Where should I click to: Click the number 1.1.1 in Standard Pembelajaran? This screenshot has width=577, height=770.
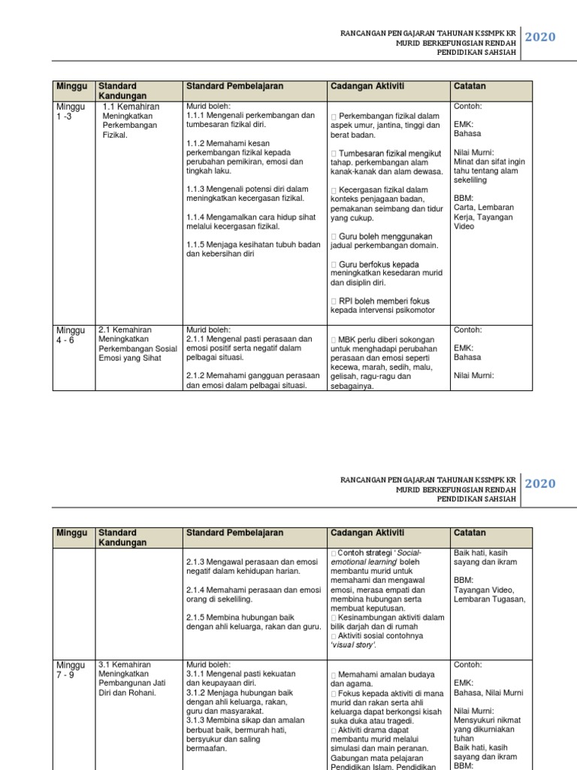(197, 116)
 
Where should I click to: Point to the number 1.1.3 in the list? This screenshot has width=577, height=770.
(197, 188)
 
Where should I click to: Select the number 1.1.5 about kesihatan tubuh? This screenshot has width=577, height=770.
(197, 244)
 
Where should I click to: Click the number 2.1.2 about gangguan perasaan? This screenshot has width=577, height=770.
(197, 375)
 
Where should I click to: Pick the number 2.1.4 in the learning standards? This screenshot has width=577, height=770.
(197, 590)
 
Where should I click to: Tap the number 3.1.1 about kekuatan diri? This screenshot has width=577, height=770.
(197, 674)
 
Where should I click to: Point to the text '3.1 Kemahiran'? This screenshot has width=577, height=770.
(125, 665)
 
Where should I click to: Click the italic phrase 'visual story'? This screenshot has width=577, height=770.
(353, 645)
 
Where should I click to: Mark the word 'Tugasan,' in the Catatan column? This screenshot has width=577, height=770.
(509, 599)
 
